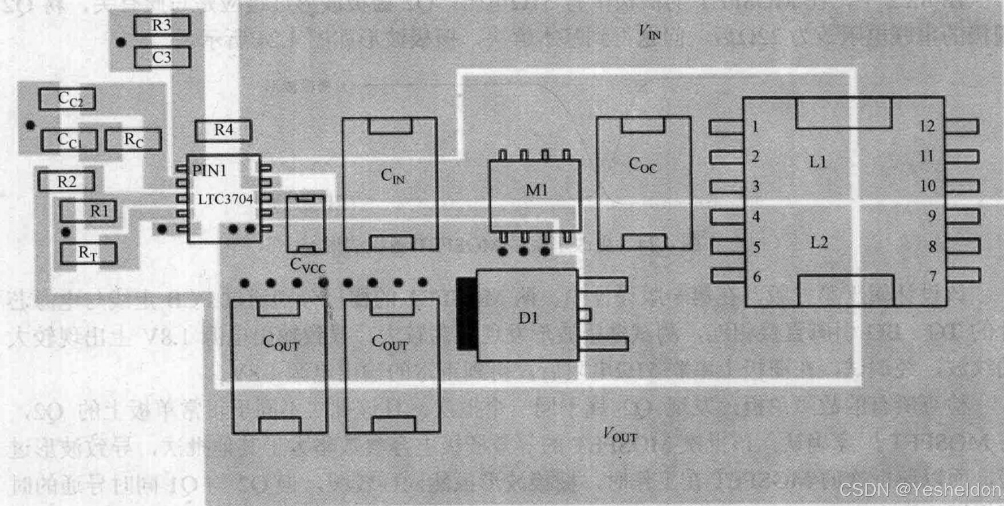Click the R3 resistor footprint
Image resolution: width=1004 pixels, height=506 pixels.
(162, 25)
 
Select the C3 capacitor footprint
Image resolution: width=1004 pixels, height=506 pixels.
(162, 57)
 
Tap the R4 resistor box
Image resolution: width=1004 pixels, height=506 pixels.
(223, 130)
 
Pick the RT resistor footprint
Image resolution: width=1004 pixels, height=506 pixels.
(88, 253)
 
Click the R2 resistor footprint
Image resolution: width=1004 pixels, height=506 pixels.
(66, 182)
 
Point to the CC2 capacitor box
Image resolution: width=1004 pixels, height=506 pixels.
(67, 99)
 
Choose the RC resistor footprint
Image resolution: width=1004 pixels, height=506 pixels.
(133, 140)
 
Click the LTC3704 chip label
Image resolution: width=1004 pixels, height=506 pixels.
(225, 199)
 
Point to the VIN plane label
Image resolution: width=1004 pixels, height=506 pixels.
(649, 32)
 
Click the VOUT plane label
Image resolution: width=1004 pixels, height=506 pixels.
(620, 435)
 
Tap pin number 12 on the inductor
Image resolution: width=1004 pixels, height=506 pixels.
(927, 126)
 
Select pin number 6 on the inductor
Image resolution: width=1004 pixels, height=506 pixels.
(757, 277)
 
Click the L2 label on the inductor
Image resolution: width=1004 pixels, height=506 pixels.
(819, 242)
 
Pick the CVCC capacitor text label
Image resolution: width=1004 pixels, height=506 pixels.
(307, 265)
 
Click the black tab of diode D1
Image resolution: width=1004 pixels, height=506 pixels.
(467, 314)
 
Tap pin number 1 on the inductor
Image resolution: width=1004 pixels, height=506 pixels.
(755, 127)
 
